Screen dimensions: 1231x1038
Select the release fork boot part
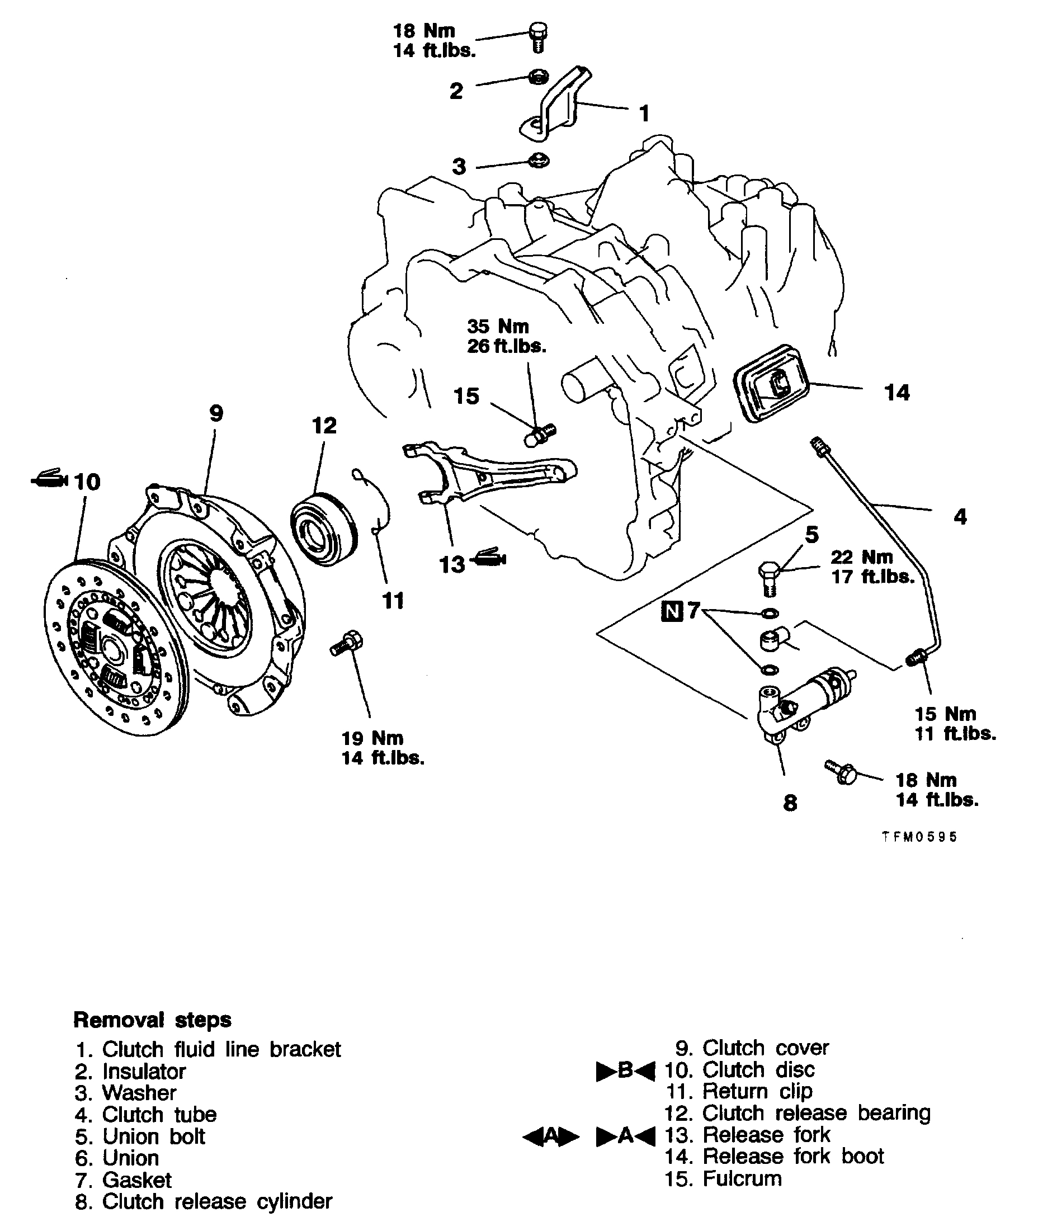click(771, 384)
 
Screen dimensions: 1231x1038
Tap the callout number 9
click(216, 414)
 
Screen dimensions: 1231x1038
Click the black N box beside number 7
click(672, 611)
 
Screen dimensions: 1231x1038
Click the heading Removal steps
click(152, 1020)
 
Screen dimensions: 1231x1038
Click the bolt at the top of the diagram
click(539, 36)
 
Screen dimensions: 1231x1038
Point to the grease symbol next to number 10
click(50, 479)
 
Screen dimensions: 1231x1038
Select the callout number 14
click(897, 393)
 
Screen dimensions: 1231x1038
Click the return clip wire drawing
click(376, 500)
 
